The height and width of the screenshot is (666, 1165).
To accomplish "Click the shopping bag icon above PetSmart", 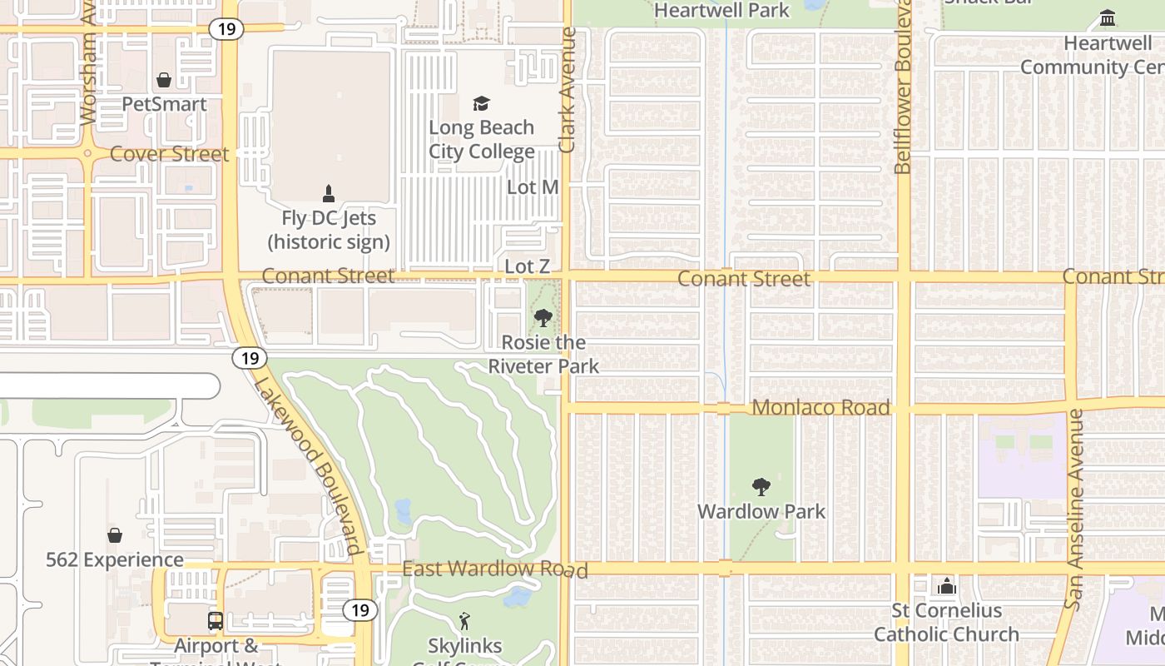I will [x=164, y=80].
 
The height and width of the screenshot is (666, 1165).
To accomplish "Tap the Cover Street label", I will [x=169, y=154].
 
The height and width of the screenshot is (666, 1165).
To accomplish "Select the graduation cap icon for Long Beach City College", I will [x=481, y=103].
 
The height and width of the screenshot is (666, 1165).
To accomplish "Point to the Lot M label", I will [x=533, y=187].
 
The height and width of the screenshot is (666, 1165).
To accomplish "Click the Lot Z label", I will [x=528, y=266].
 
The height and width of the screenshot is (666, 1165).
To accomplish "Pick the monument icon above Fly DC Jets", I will [x=328, y=194].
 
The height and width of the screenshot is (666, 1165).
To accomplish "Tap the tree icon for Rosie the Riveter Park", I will [x=543, y=317].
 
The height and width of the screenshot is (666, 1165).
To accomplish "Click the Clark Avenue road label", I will [x=568, y=90].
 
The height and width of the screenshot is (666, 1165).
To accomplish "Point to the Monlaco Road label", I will [x=820, y=407].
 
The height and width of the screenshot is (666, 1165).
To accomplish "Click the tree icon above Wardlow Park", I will [x=761, y=487].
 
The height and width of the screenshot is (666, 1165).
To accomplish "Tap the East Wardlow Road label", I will [x=495, y=569].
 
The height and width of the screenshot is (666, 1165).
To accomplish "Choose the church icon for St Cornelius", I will [x=946, y=586].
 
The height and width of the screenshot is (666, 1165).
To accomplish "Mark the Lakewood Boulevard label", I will [x=308, y=465].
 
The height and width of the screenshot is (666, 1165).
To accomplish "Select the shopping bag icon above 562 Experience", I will [x=115, y=535].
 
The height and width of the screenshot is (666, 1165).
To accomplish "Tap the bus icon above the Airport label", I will [x=215, y=620].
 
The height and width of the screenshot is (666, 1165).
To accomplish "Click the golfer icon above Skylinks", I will [x=464, y=621].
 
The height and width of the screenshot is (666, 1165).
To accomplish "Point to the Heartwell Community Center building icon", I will [x=1108, y=17].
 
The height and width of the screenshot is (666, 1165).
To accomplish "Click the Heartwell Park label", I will [x=721, y=10].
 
